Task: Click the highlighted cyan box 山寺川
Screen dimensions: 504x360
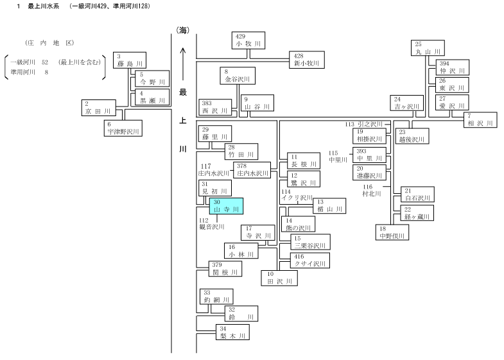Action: coord(226,206)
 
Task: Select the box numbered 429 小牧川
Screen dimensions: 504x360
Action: coord(248,40)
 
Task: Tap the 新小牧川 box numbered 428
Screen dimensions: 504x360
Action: coord(307,60)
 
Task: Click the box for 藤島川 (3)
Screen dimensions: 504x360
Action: coord(130,60)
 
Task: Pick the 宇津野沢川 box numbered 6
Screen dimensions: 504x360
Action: coord(123,128)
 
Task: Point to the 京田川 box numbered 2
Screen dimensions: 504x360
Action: coord(99,108)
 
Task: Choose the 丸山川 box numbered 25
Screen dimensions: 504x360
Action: coord(428,48)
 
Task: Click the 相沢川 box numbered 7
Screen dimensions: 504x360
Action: coord(480,120)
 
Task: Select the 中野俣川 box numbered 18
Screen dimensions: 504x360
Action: coord(392,232)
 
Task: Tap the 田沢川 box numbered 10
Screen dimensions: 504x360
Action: coord(279,278)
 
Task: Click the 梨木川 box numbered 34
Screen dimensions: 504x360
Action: coord(232,332)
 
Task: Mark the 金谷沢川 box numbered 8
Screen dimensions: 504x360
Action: coord(238,76)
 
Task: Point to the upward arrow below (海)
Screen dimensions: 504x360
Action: coord(183,64)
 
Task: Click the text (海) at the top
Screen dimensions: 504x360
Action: coord(183,30)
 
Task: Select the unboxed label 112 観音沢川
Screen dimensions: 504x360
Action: coord(212,223)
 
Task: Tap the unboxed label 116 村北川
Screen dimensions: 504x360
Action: coord(372,190)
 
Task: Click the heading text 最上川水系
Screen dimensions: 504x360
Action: coord(44,6)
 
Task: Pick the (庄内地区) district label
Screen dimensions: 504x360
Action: coord(49,43)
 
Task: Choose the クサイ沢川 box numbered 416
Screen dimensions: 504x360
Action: coord(310,261)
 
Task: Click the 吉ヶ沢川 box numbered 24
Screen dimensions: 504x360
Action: coord(407,103)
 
